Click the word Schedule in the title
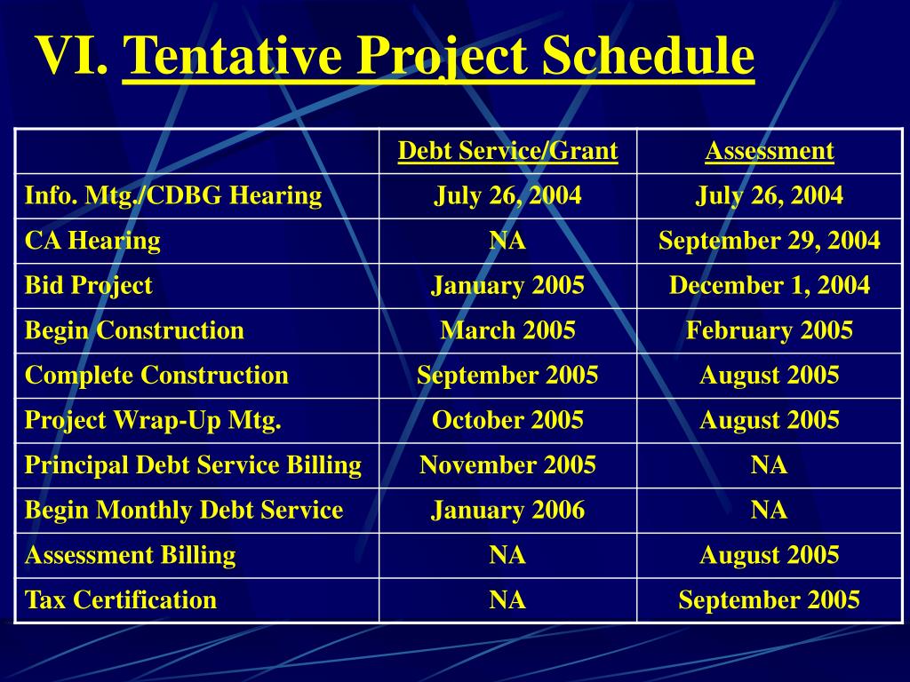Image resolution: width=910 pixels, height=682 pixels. click(648, 56)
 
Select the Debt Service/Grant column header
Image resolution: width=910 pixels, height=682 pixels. click(507, 151)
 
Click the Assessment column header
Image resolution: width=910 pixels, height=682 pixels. click(769, 151)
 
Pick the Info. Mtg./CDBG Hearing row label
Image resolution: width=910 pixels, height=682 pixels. click(173, 195)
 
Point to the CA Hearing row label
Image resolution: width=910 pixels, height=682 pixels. click(92, 241)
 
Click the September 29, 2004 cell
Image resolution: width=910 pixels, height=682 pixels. click(769, 241)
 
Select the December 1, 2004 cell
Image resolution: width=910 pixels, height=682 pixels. click(769, 286)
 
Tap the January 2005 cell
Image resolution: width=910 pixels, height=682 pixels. click(507, 286)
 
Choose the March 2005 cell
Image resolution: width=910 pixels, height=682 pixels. click(507, 331)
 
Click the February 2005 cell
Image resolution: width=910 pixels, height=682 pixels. click(769, 331)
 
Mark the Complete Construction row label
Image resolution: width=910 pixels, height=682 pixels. click(156, 376)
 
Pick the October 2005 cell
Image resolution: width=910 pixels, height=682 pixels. click(507, 421)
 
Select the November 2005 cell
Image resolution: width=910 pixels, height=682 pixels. click(507, 465)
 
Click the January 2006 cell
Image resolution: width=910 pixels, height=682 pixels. click(507, 511)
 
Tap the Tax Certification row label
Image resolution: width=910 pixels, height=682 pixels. click(121, 600)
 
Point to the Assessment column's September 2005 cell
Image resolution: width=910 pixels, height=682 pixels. click(769, 600)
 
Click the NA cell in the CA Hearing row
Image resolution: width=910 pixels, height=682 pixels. click(507, 241)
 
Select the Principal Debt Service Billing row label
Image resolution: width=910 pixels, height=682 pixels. click(193, 465)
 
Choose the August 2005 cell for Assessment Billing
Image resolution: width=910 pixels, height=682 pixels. click(769, 556)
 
